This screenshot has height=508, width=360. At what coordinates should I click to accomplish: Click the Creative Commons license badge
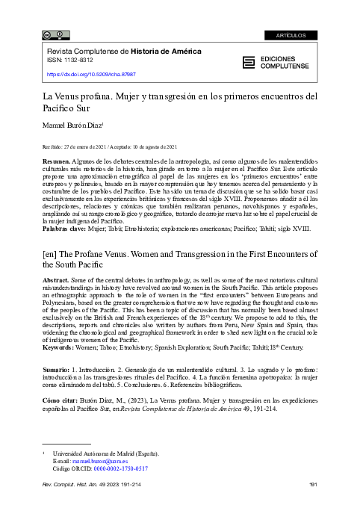[x=56, y=34]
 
